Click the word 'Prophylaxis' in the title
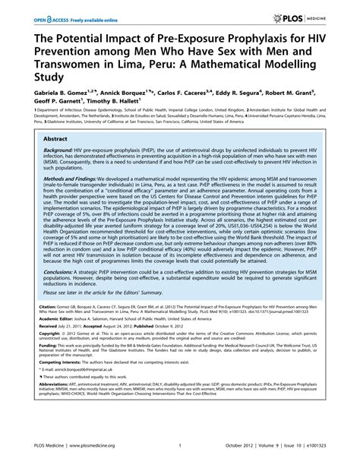click(220, 39)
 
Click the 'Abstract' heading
click(44, 141)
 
